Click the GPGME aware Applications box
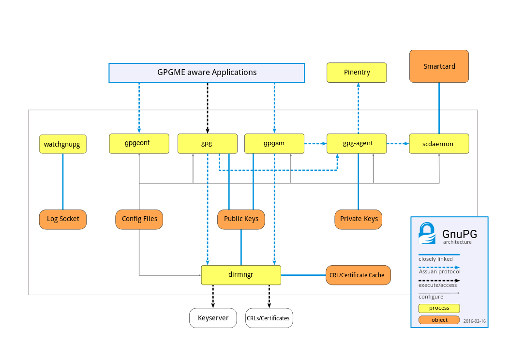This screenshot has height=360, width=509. pos(207,73)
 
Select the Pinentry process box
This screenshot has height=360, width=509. pos(357,73)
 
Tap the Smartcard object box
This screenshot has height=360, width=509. pos(439,66)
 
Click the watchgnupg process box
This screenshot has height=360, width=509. pos(62,144)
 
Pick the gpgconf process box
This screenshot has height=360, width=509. pos(139,144)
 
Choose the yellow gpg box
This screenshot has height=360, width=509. pos(207,144)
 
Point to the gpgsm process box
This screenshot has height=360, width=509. pos(274,144)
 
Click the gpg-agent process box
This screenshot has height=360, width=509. pos(357,144)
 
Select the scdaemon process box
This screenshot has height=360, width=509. pos(439,144)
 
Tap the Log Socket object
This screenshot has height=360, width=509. pos(63,219)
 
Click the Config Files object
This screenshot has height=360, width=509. pos(139,219)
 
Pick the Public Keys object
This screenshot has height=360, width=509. pos(241,219)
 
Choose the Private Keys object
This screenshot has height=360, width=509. pos(359,219)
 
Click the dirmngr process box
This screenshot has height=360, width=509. pos(241,275)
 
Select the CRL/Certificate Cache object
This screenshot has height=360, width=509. pos(358,275)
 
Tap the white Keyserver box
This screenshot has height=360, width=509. pos(213,318)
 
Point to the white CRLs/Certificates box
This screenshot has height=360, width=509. pos(269,318)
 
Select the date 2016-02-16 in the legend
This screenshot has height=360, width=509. pos(474,321)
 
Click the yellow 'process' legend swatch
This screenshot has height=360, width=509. pos(439,308)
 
